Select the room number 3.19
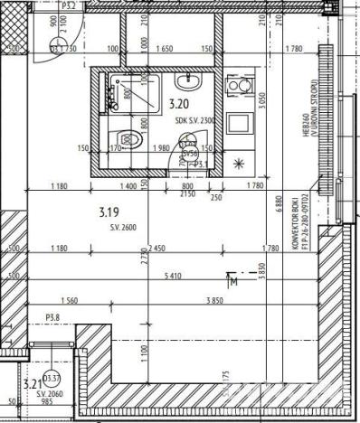[x=108, y=212]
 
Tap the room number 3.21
[x=33, y=381]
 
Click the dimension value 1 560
[x=71, y=300]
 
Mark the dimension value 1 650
[x=166, y=48]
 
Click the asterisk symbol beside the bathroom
[x=239, y=164]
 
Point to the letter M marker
[x=234, y=281]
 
